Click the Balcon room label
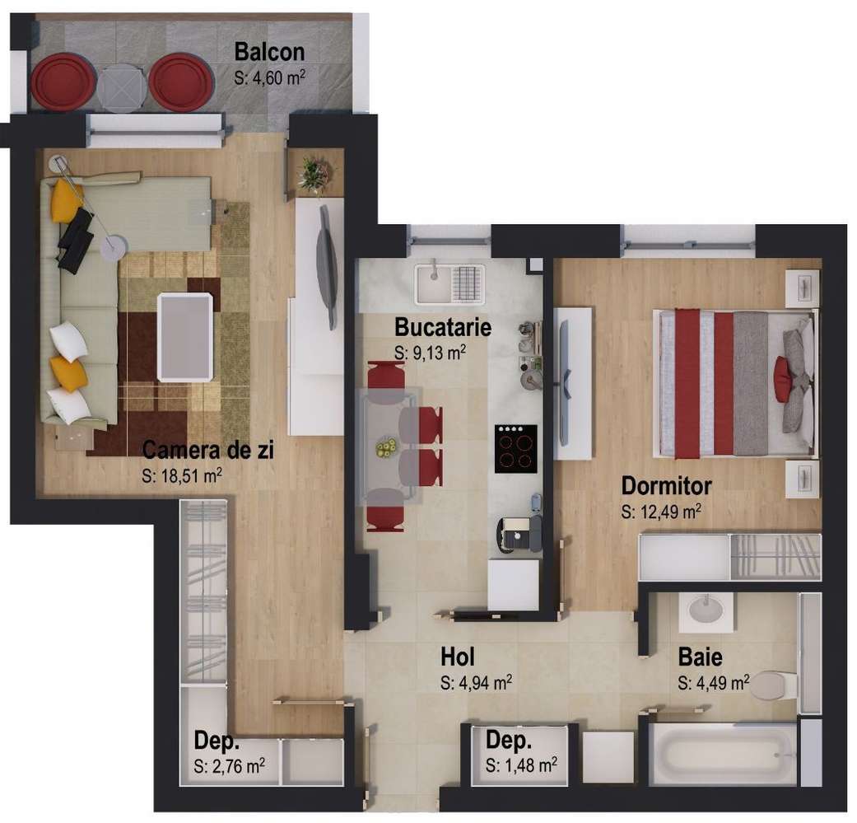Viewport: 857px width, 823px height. coord(269,52)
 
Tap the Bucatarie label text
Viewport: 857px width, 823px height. coord(442,327)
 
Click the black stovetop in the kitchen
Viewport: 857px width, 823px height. coord(515,448)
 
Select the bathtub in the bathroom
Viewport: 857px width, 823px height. coord(723,754)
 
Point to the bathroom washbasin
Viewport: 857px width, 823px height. coord(705,611)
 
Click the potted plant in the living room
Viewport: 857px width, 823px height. coord(314,174)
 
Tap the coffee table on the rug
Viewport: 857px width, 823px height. coord(184,336)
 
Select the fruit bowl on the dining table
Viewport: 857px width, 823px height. coord(384,447)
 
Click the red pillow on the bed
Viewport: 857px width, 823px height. coord(782,380)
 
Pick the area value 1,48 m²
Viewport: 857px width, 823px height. coord(521,765)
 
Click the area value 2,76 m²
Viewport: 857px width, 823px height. coord(230,765)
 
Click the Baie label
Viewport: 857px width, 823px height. coord(700,657)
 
